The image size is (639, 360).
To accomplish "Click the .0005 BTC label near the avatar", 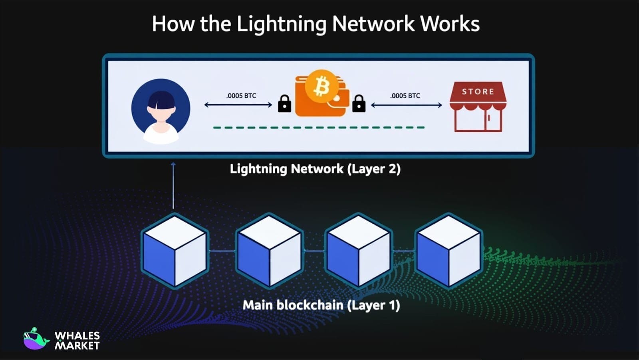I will point(241,96).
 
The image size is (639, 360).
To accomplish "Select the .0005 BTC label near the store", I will point(405,96).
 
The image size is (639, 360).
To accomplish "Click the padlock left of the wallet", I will point(284,104).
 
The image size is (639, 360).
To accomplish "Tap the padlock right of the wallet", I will point(359,104).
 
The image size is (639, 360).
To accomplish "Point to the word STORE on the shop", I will point(478,91).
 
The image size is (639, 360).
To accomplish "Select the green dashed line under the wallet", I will point(319,127).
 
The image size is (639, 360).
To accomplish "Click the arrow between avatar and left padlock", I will point(238,105).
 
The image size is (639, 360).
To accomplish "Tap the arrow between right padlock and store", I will point(406,105).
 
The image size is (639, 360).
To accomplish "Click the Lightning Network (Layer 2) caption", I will point(315,169).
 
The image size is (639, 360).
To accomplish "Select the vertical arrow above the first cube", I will point(173,186).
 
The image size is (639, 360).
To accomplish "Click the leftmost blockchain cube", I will point(175,251).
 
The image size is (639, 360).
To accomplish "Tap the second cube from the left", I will point(269,251).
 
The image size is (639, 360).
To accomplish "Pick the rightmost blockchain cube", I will point(448,251).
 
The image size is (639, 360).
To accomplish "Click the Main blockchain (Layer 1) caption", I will point(321,305).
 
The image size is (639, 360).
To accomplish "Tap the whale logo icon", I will point(35,339).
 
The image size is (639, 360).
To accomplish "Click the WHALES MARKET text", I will point(77,340).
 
